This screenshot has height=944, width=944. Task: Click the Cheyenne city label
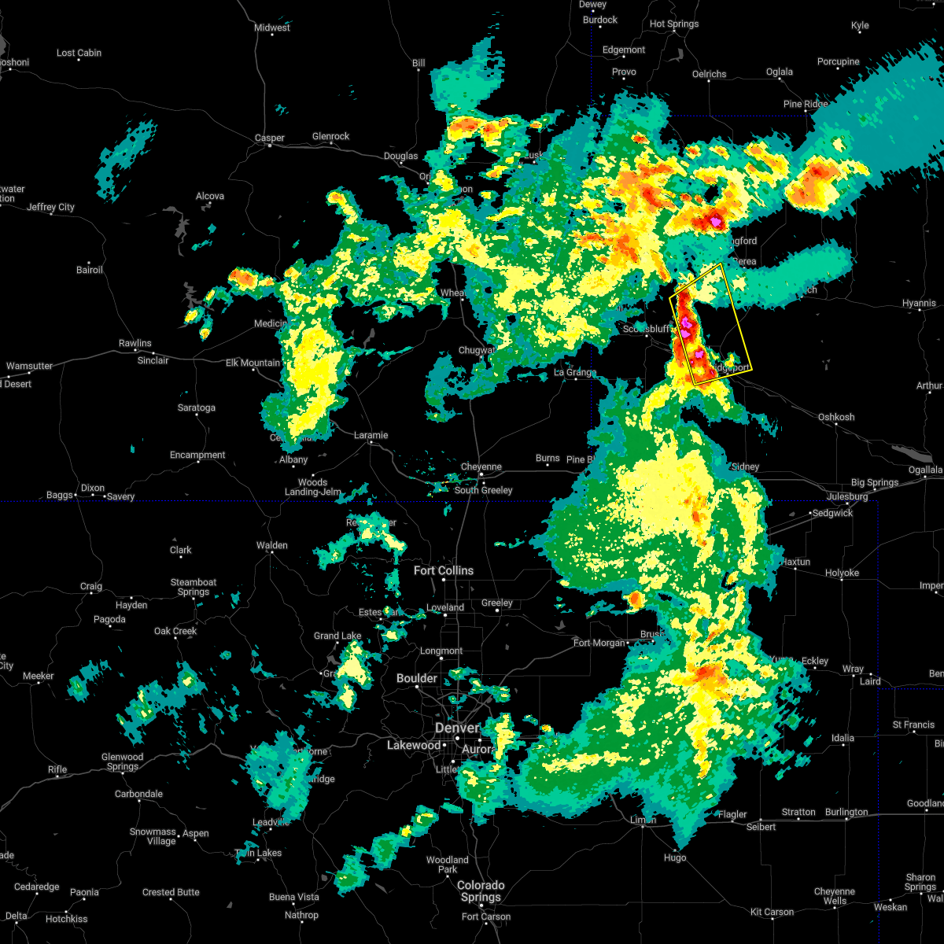pos(481,466)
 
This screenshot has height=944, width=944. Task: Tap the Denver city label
pos(457,728)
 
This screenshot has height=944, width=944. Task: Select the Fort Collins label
pos(444,570)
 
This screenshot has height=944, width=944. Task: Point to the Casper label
pos(269,138)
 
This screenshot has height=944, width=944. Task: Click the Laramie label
pos(371,435)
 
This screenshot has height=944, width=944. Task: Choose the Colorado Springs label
pos(481,891)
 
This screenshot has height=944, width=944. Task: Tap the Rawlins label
pos(135,343)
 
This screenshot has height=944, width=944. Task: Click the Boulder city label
pos(417,678)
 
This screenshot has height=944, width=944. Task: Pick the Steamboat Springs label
pos(194,587)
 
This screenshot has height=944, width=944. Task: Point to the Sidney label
pos(745,466)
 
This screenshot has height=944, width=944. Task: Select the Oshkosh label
pos(836,417)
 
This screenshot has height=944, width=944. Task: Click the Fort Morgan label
pos(599,643)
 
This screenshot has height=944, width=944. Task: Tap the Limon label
pos(643,820)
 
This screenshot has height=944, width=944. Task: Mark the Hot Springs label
pos(674,24)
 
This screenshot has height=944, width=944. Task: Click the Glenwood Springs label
pos(122,761)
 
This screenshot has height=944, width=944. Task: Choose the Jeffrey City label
pos(50,207)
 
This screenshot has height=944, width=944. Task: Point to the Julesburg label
pos(846,496)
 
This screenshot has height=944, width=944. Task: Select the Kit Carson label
pos(772,912)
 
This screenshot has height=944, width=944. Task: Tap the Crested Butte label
pos(171,892)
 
